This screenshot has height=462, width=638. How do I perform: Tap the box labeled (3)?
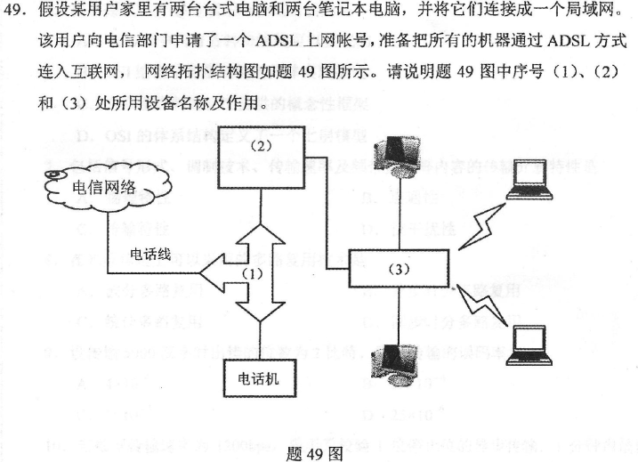coord(400,269)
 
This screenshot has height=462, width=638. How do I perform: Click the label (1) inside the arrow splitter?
coord(254,274)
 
